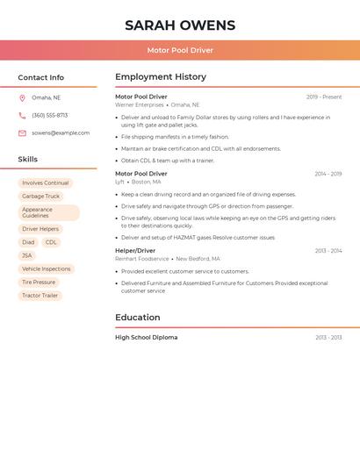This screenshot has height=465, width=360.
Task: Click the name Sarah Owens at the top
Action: pos(180,25)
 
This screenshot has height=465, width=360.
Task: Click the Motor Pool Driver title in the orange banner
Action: pos(180,50)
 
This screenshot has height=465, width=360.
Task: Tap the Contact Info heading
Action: pos(40,77)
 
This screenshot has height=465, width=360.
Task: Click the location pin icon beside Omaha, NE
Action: pos(22,97)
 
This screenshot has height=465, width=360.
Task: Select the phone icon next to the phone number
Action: pos(22,115)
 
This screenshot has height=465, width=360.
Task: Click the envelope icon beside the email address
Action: pos(22,133)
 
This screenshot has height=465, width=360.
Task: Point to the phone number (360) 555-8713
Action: pos(49,115)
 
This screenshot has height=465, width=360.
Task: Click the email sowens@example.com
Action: pos(61,133)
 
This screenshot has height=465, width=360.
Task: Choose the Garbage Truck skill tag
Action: pos(40,197)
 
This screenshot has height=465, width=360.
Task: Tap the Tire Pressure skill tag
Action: pos(39,283)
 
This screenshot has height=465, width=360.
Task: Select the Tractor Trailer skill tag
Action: pos(40,296)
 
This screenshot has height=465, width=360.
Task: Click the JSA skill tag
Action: pos(26,255)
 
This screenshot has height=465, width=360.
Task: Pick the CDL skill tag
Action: pos(51,242)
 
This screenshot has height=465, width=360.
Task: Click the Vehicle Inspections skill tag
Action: pos(46,269)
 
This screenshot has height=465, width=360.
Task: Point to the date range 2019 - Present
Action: pos(324,97)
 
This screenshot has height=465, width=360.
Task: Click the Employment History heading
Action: pos(160,77)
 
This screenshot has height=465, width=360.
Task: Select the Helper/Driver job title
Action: pos(135,251)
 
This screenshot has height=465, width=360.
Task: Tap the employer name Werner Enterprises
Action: pos(140,104)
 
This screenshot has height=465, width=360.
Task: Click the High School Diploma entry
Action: pos(146,337)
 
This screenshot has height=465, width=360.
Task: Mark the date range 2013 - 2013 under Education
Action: pos(328,338)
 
